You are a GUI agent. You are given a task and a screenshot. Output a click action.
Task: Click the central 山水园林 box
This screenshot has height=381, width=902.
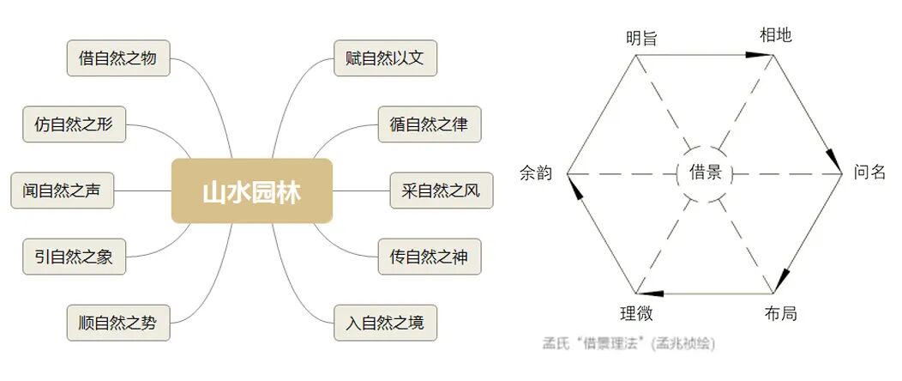(251, 190)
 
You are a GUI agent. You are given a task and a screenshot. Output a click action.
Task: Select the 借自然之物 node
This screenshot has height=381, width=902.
(118, 59)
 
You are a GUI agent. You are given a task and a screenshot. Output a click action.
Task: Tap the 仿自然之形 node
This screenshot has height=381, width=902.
(74, 125)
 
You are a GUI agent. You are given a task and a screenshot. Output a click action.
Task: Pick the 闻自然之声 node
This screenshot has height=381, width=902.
(62, 190)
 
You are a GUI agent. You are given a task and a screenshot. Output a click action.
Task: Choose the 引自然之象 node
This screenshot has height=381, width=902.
(74, 256)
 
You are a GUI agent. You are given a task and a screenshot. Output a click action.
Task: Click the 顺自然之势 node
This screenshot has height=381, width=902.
(118, 323)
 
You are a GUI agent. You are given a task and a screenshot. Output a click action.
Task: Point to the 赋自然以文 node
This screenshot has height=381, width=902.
(385, 59)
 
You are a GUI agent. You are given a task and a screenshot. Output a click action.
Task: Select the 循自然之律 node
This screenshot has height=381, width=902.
(430, 125)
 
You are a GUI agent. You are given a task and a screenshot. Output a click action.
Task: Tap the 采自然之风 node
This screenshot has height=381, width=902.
(442, 190)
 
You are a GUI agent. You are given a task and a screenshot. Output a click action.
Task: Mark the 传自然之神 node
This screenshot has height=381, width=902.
(430, 256)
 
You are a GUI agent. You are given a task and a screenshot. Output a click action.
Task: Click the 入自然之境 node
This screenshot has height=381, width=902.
(385, 323)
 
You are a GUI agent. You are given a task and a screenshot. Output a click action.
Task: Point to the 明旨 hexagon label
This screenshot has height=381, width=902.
(642, 38)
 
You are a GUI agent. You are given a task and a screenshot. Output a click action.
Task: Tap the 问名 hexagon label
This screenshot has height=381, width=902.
(869, 172)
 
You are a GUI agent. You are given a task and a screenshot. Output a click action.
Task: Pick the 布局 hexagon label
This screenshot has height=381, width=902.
(780, 313)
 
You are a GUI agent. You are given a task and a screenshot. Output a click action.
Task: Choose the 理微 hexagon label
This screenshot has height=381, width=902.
(636, 313)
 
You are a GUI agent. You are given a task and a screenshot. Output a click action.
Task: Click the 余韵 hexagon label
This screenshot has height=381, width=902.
(536, 172)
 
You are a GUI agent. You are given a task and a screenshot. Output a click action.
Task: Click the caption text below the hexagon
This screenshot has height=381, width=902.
(628, 343)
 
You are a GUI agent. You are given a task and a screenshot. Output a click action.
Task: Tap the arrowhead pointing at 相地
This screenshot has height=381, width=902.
(760, 55)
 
